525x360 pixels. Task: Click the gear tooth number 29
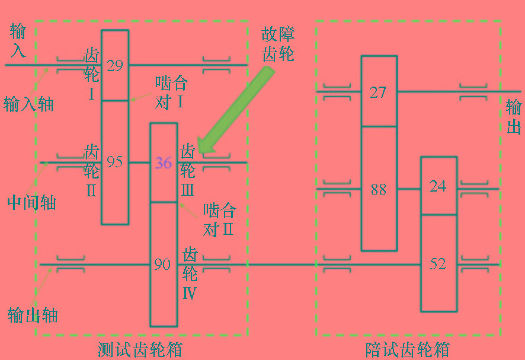(x=115, y=65)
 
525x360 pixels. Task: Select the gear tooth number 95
(x=114, y=161)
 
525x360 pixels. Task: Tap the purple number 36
(x=164, y=163)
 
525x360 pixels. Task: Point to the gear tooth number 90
(x=162, y=264)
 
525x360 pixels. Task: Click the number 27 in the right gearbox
(x=379, y=92)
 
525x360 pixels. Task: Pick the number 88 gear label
(x=379, y=189)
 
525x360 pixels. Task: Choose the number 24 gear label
(x=438, y=186)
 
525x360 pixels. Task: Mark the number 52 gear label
(x=438, y=264)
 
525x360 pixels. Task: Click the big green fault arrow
(x=235, y=111)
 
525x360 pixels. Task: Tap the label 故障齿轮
(x=278, y=44)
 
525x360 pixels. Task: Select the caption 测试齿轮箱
(x=140, y=350)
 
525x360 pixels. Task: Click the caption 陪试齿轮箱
(x=407, y=350)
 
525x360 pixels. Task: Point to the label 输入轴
(x=28, y=104)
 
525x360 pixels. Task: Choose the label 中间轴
(x=31, y=202)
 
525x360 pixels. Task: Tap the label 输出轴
(x=33, y=315)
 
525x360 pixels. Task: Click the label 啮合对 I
(x=171, y=93)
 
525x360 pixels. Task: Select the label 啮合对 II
(x=220, y=220)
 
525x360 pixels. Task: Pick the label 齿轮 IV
(x=190, y=273)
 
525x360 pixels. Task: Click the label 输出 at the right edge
(x=514, y=117)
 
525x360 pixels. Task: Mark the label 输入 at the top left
(x=18, y=40)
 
